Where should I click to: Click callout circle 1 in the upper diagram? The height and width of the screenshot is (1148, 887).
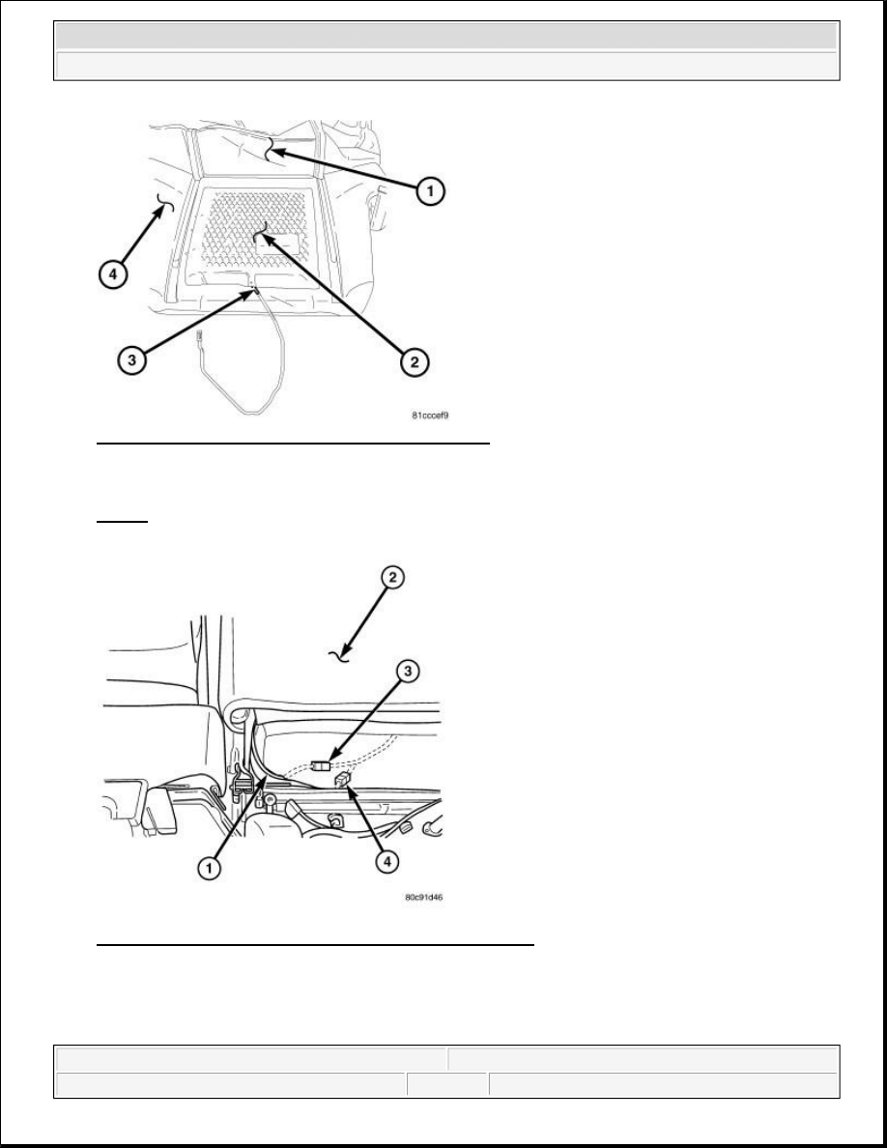430,191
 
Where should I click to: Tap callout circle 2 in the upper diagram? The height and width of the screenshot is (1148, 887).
415,361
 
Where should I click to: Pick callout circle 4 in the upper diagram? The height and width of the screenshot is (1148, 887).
112,275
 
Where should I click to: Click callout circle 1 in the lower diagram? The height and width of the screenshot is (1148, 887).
210,869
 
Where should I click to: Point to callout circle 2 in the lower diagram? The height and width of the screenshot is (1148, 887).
392,578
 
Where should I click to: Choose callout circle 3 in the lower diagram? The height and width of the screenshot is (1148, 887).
408,671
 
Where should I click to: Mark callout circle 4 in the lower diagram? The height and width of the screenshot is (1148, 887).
387,862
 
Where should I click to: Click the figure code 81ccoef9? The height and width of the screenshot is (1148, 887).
430,416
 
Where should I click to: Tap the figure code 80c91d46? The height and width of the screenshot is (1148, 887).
424,896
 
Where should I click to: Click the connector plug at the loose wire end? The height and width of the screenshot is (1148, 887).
199,338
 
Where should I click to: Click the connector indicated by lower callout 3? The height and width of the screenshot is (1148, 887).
319,766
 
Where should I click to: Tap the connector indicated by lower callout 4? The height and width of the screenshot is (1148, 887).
342,781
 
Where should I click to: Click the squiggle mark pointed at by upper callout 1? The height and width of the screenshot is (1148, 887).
271,150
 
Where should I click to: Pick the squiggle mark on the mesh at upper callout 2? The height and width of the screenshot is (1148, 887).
260,231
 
